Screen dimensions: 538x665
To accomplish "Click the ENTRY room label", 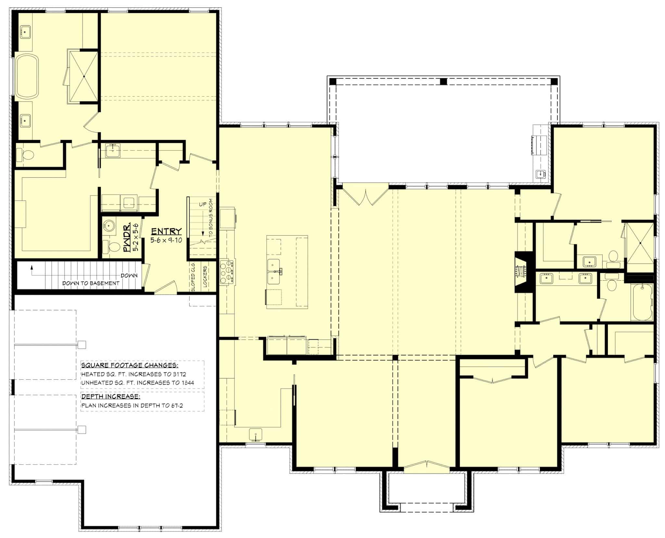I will click(x=166, y=231).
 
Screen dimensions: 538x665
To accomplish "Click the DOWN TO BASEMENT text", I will click(x=91, y=283).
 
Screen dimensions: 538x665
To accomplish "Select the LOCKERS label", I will click(x=205, y=276).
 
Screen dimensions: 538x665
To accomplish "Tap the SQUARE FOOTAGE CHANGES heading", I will click(x=130, y=365).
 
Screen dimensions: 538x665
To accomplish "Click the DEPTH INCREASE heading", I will click(x=111, y=397).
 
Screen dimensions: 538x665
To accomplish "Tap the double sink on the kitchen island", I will click(x=275, y=271).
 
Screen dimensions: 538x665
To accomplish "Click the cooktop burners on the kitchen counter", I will click(x=227, y=271).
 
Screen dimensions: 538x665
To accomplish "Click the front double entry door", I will click(x=427, y=465).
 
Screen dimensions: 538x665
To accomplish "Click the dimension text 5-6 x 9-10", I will click(x=166, y=240).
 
